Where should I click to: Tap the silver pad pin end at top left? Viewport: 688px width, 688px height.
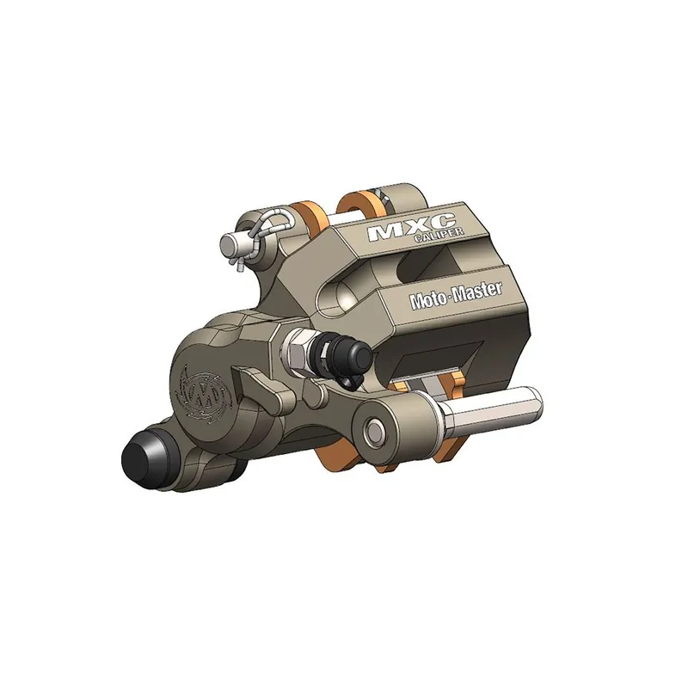click(x=230, y=244)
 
